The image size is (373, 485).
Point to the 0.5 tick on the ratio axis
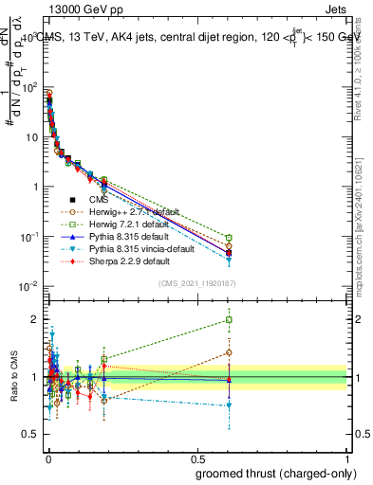[31, 435]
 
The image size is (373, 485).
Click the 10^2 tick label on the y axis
[27, 87]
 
